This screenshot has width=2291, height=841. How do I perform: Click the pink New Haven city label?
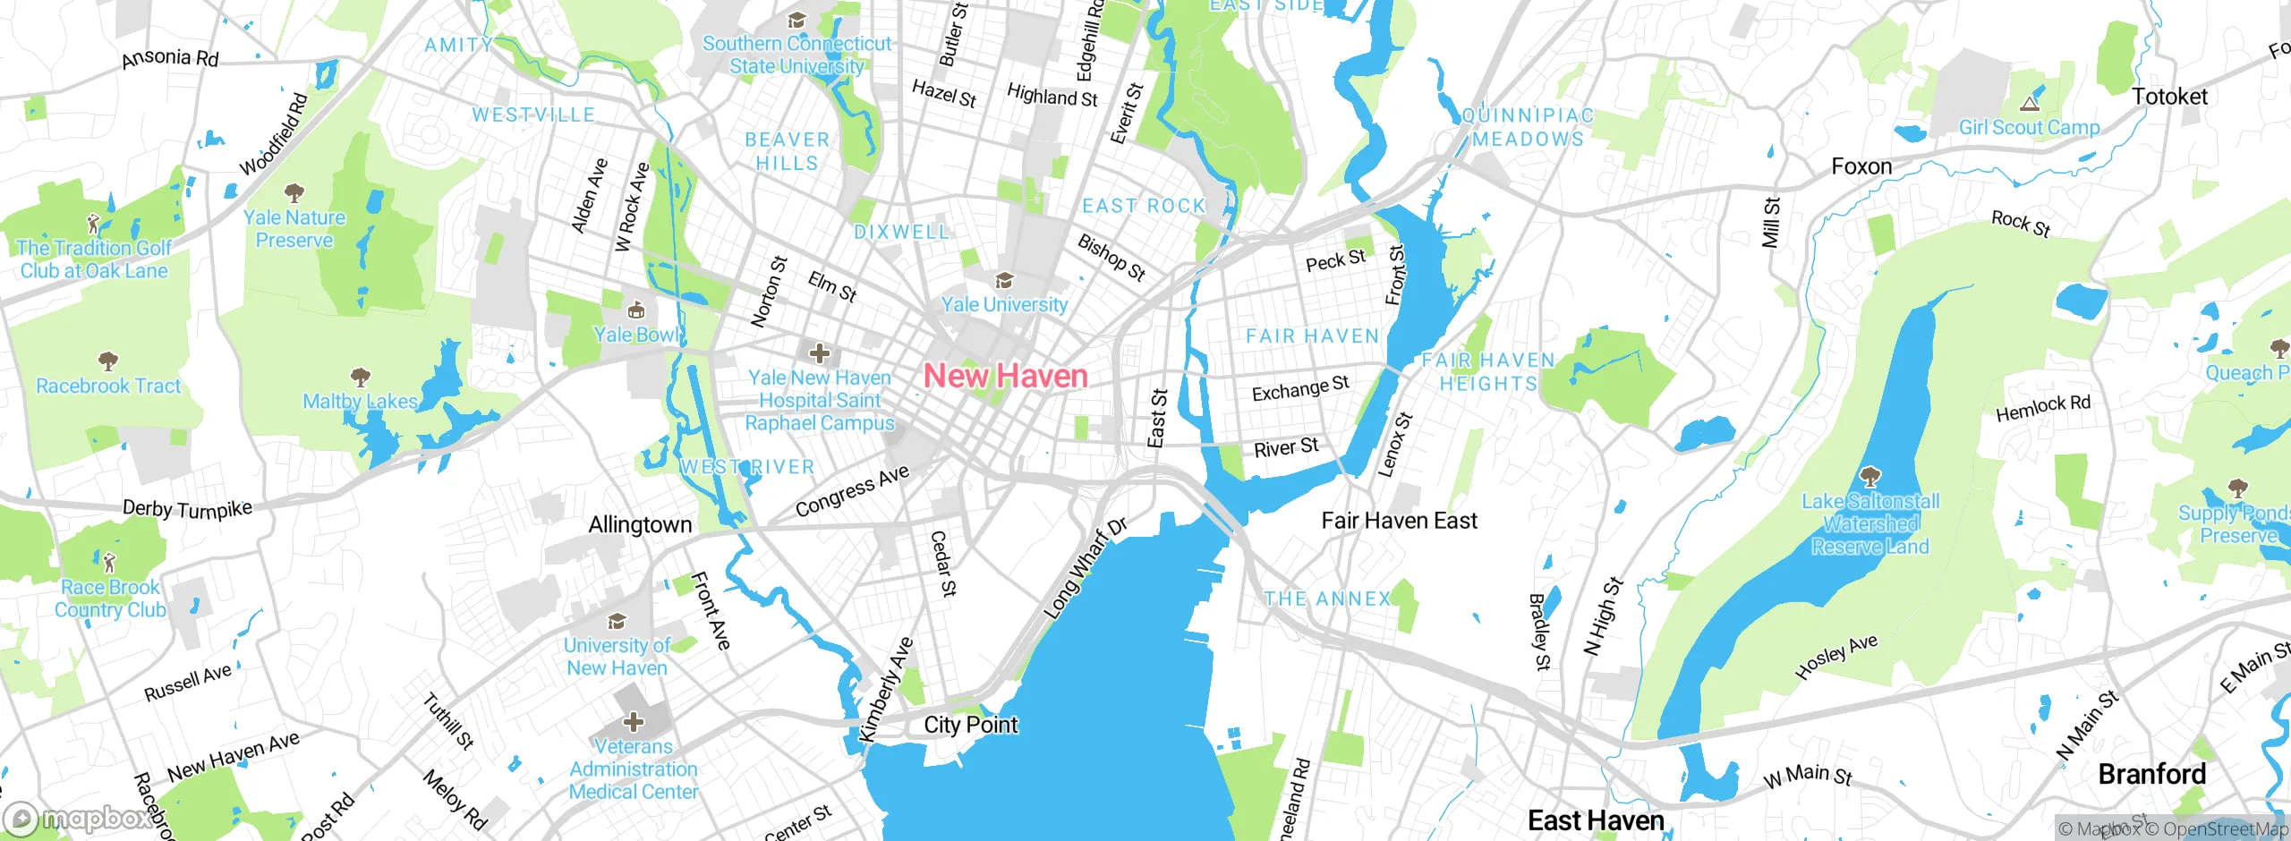1005,376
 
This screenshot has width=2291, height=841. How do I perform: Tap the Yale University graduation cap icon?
1004,281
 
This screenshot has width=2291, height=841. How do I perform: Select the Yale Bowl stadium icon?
636,310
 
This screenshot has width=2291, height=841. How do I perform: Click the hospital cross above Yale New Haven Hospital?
819,353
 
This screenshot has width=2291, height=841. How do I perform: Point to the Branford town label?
2151,773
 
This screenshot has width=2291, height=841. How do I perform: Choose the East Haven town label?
1596,820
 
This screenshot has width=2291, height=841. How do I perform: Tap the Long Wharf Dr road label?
1085,568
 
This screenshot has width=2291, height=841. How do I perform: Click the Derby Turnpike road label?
187,509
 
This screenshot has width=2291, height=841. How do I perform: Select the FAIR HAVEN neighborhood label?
1312,336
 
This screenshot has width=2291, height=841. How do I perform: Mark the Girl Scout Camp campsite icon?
2030,104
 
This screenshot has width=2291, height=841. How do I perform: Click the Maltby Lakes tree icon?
360,376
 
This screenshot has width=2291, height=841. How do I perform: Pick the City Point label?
970,725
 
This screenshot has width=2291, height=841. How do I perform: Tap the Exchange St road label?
1299,389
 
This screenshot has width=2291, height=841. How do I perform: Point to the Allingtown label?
640,525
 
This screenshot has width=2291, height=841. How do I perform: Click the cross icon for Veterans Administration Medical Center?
633,721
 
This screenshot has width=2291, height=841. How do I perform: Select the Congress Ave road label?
852,491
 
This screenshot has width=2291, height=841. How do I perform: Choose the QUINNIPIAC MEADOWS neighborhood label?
1528,127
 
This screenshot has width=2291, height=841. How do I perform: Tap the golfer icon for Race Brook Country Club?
109,563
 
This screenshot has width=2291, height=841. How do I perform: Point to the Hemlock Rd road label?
2043,408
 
